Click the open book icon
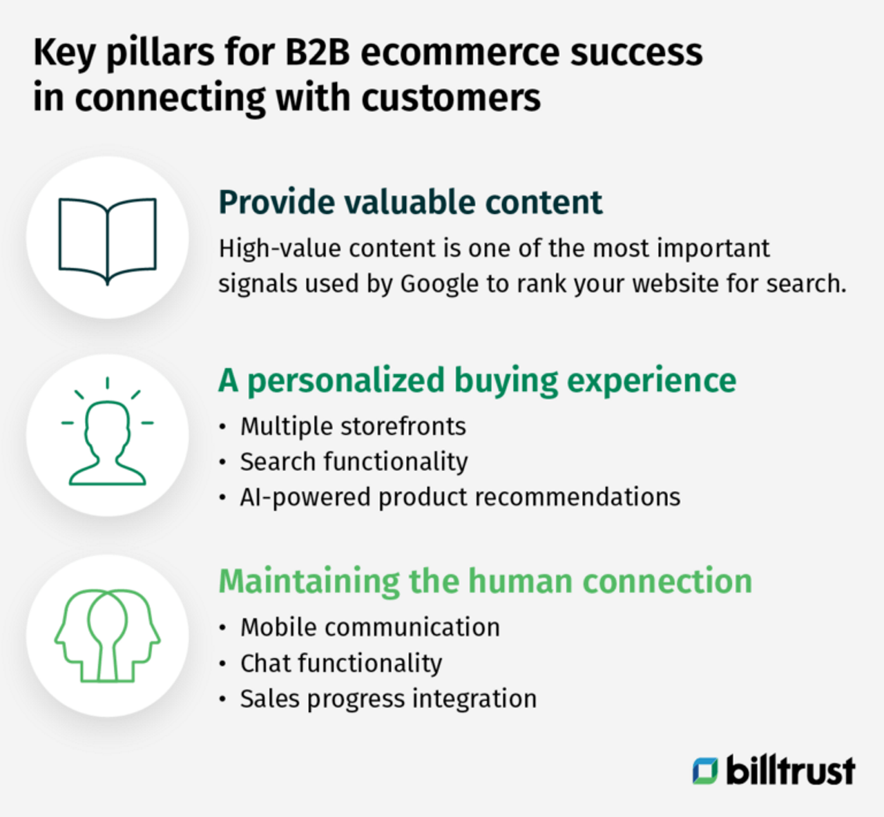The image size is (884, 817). pos(107,238)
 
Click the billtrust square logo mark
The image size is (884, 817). pos(705,771)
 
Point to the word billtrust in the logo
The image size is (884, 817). pos(790,770)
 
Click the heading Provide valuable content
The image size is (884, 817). pos(410,202)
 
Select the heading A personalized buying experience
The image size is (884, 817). pos(477,381)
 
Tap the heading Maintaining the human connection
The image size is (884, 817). pos(485,581)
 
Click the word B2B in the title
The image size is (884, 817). pos(317,52)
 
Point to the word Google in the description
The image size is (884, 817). pos(439,284)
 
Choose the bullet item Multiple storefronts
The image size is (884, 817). pos(353,426)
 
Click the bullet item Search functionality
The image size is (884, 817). pos(354,461)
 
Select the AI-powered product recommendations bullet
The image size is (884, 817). pos(460,497)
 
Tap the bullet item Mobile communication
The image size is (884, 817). pos(369,627)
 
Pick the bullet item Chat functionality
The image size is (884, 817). pos(341,663)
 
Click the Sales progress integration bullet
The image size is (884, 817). pos(388,698)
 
